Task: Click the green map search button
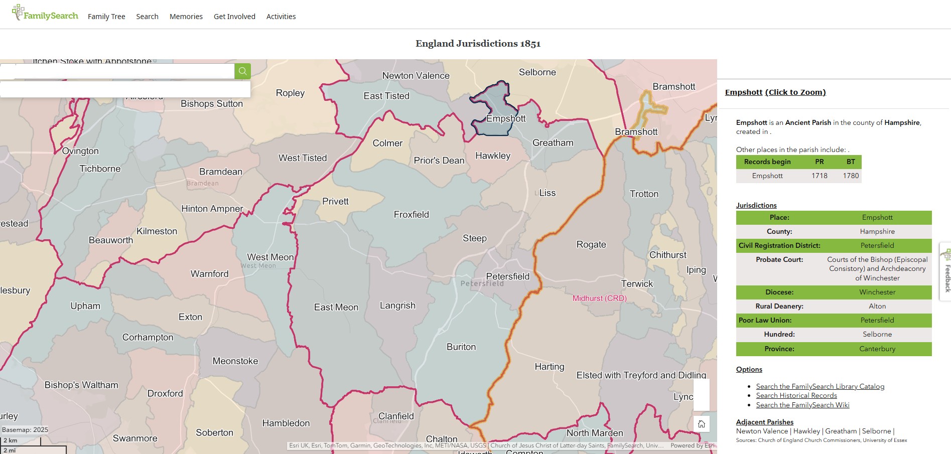click(242, 71)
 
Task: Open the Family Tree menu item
click(106, 17)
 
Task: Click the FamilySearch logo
click(45, 14)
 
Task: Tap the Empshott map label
click(506, 119)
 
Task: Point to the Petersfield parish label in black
click(507, 276)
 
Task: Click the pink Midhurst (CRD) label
click(599, 298)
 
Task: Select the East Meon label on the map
click(336, 307)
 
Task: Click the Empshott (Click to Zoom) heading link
click(775, 92)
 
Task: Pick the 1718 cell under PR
click(819, 176)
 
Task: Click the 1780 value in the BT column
click(851, 176)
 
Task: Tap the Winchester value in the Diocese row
click(877, 292)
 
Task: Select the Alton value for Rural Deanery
click(877, 306)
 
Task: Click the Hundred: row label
click(779, 334)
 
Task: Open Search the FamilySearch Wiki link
click(802, 405)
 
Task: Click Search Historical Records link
click(796, 395)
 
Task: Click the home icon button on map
click(701, 424)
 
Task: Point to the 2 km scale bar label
click(11, 440)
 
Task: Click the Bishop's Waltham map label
click(81, 385)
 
